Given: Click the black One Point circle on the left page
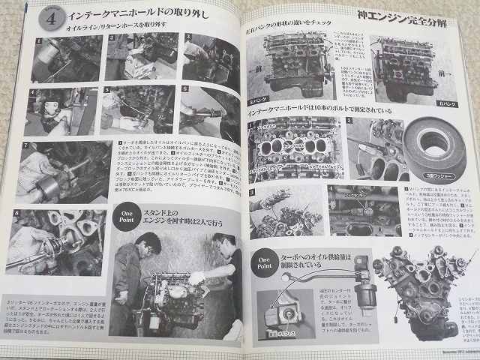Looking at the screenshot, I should coord(127,217).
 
